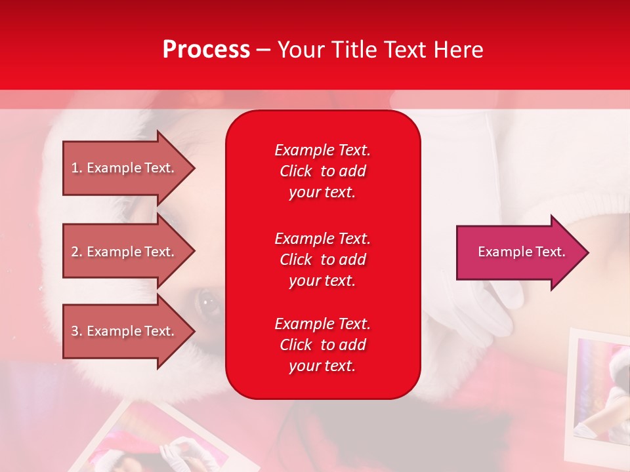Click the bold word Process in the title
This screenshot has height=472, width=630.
point(206,50)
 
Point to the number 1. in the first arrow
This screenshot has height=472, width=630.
point(77,168)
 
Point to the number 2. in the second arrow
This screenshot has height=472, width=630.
point(77,252)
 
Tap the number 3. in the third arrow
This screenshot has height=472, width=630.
point(77,331)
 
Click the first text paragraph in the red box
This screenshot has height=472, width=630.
point(322,171)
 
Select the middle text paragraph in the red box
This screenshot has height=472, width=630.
point(322,259)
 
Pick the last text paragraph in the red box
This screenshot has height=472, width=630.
point(322,345)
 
